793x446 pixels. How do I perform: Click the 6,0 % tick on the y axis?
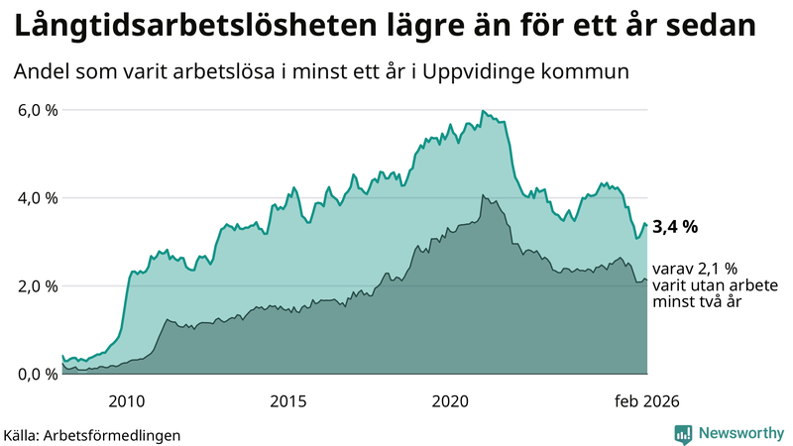click(x=38, y=110)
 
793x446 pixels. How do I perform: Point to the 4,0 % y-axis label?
click(x=38, y=198)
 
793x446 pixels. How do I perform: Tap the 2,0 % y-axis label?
click(x=38, y=286)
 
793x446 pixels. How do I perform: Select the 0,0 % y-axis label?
click(x=38, y=374)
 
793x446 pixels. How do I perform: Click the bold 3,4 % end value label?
click(x=675, y=227)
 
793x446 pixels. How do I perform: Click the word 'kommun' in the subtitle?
click(x=595, y=71)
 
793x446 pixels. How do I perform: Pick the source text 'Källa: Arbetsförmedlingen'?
click(x=92, y=434)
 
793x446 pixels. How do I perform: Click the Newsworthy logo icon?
click(x=683, y=433)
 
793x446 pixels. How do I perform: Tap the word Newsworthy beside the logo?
click(x=738, y=433)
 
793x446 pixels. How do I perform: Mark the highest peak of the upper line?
click(x=482, y=111)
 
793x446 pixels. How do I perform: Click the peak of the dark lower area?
click(x=483, y=195)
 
